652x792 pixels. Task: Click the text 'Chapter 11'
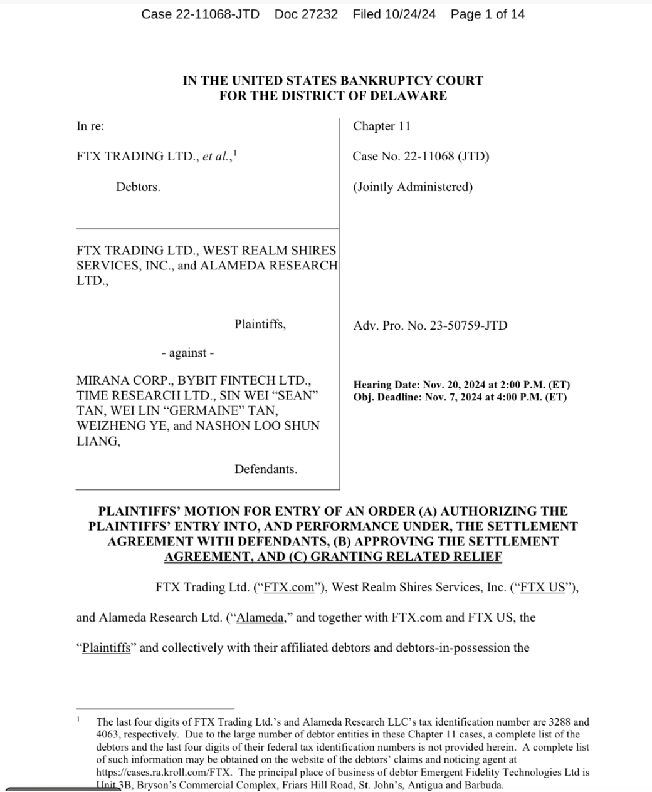tap(381, 126)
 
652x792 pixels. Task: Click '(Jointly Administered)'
tap(413, 187)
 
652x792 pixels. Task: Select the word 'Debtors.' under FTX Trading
tap(138, 187)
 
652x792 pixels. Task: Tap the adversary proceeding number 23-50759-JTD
tap(468, 325)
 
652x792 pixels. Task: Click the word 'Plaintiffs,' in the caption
tap(260, 325)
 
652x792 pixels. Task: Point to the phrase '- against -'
tap(187, 353)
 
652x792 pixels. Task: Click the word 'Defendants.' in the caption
tap(266, 469)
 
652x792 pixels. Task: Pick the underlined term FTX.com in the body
tap(289, 588)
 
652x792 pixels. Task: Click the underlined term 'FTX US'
tap(542, 588)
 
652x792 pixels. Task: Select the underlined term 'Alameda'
tap(261, 618)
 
